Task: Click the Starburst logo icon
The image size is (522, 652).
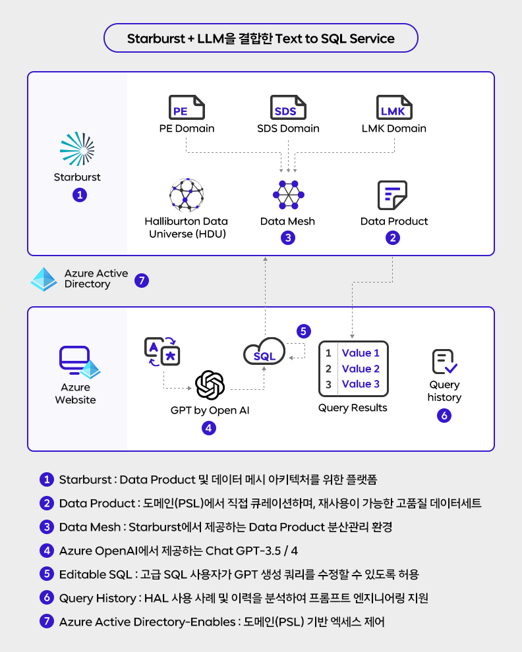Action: tap(77, 148)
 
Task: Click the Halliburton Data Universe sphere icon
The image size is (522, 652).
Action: tap(186, 194)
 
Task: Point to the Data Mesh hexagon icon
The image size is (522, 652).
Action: tap(287, 195)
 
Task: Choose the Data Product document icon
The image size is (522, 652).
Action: tap(393, 195)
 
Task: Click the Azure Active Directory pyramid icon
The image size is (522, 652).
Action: tap(44, 279)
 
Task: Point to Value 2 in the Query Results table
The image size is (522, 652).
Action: tap(361, 369)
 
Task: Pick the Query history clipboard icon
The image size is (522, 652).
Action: tap(444, 362)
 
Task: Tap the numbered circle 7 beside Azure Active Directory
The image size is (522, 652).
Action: tap(142, 281)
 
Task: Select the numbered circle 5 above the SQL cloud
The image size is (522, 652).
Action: tap(303, 331)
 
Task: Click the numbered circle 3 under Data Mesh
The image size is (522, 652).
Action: tap(287, 238)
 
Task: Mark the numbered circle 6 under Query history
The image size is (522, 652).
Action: tap(444, 416)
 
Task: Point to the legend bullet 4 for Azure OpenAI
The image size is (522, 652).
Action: tap(46, 550)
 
